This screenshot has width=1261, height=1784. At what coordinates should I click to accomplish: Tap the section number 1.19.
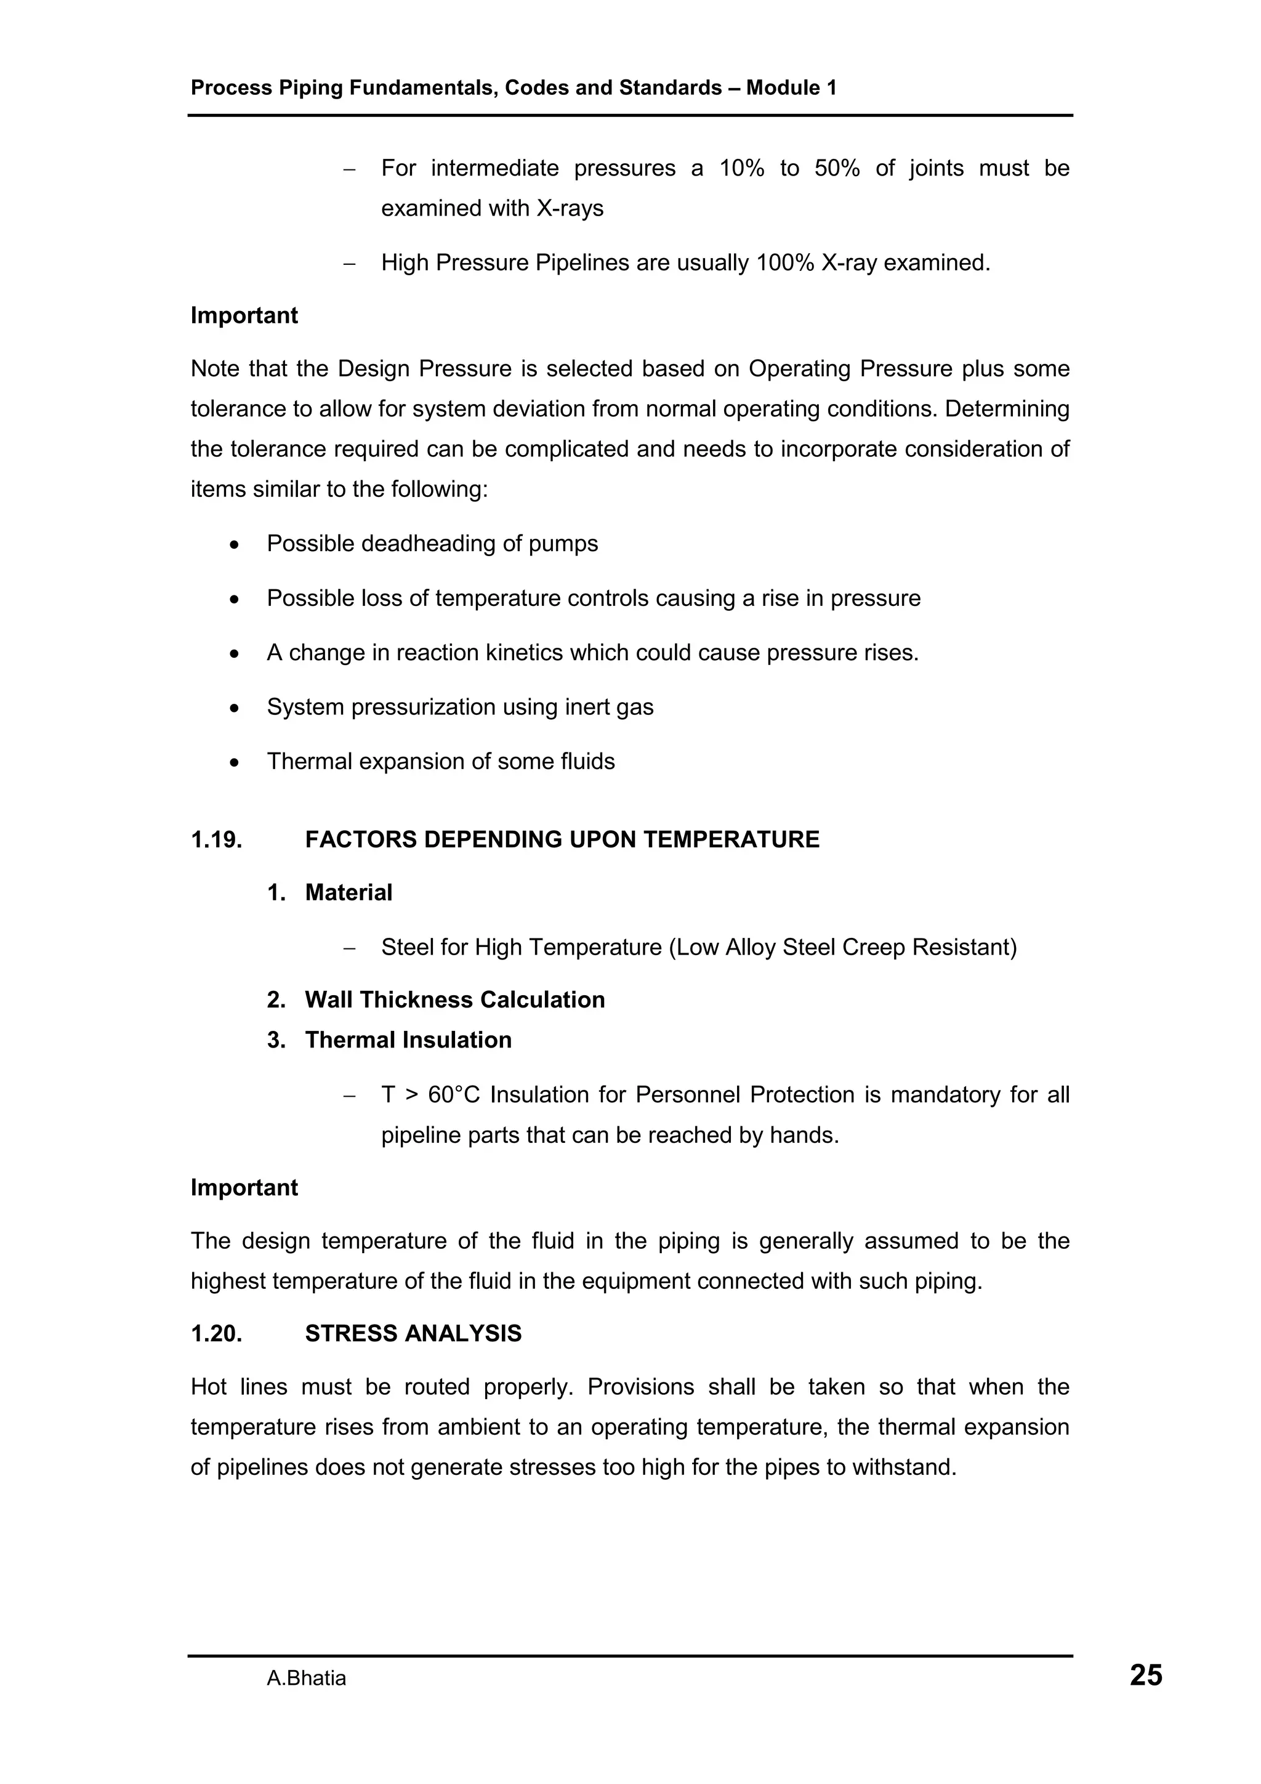[217, 839]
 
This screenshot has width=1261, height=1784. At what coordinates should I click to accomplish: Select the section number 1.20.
[217, 1333]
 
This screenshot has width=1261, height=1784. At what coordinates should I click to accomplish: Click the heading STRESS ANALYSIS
[413, 1333]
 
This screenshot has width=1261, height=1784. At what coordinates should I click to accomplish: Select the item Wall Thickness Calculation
[454, 999]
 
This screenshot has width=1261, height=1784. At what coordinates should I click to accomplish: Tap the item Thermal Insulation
[408, 1039]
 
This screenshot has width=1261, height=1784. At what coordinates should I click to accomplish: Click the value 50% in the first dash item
[837, 168]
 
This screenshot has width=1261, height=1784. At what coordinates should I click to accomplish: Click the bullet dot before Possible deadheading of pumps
[234, 544]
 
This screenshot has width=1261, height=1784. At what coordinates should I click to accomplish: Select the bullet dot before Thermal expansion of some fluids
[234, 762]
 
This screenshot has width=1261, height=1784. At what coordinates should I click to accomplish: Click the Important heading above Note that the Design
[244, 315]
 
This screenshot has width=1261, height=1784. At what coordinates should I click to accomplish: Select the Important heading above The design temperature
[244, 1187]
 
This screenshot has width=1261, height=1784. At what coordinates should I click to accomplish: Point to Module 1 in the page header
[791, 88]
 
